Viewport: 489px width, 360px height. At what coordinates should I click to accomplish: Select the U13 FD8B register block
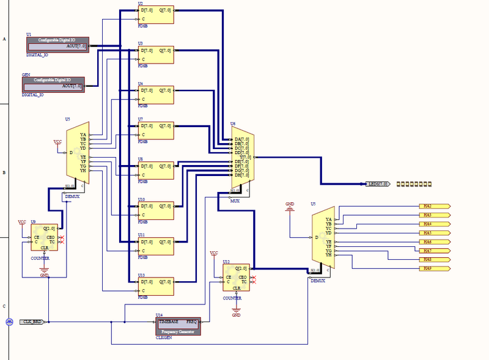(x=156, y=285)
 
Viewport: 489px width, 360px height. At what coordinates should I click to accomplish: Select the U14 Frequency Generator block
(x=178, y=326)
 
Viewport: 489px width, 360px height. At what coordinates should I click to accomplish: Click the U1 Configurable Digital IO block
(x=58, y=43)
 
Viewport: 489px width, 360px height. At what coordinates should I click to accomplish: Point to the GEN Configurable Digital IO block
(x=53, y=84)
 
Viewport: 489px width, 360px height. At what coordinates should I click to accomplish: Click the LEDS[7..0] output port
(x=377, y=183)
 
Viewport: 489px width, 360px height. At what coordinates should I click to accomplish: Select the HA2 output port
(x=434, y=207)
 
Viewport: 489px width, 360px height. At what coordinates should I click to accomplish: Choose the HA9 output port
(x=434, y=268)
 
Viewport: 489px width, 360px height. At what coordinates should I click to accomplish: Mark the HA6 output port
(x=434, y=242)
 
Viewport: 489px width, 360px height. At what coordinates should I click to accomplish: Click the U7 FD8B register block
(x=156, y=130)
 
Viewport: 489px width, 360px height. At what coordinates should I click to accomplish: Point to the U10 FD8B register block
(x=156, y=210)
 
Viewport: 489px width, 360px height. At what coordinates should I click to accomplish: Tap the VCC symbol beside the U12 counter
(x=214, y=254)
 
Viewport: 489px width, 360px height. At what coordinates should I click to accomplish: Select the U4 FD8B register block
(x=156, y=95)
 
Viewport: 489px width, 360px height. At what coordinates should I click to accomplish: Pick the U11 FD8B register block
(x=156, y=246)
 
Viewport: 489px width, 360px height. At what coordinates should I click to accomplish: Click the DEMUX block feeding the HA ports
(x=323, y=240)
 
